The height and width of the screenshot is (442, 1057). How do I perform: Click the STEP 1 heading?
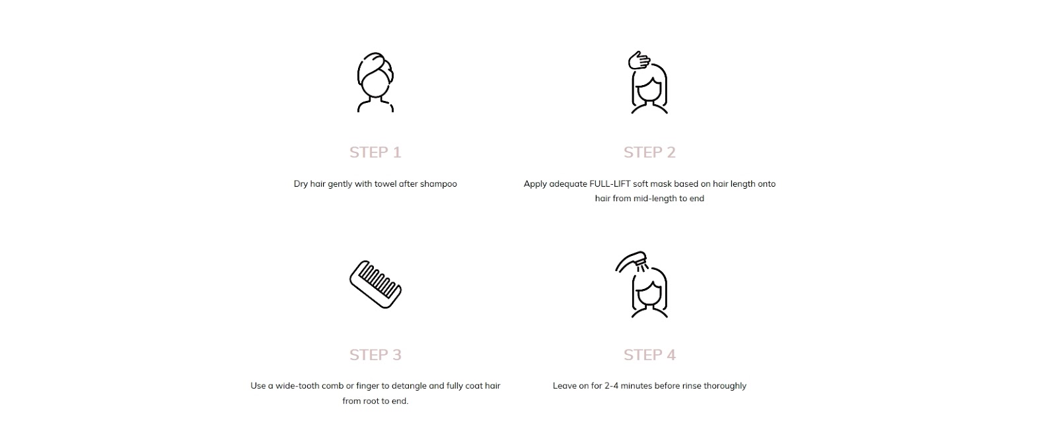375,152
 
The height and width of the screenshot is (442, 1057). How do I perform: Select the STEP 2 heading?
649,152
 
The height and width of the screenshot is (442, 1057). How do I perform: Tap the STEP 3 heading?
375,355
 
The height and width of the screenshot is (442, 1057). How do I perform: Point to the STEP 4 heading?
649,355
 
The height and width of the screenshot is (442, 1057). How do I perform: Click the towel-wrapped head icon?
375,82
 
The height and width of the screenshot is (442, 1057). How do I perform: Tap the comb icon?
375,284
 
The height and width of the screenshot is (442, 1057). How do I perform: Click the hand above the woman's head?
639,60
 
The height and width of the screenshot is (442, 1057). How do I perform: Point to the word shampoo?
439,184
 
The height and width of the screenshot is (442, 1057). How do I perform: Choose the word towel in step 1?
385,184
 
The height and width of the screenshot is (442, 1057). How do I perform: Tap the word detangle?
409,387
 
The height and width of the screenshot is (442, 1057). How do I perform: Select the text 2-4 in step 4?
611,386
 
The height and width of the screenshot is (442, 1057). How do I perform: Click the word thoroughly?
725,387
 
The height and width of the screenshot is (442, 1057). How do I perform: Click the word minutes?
636,386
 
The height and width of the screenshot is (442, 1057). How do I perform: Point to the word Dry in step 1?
301,184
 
